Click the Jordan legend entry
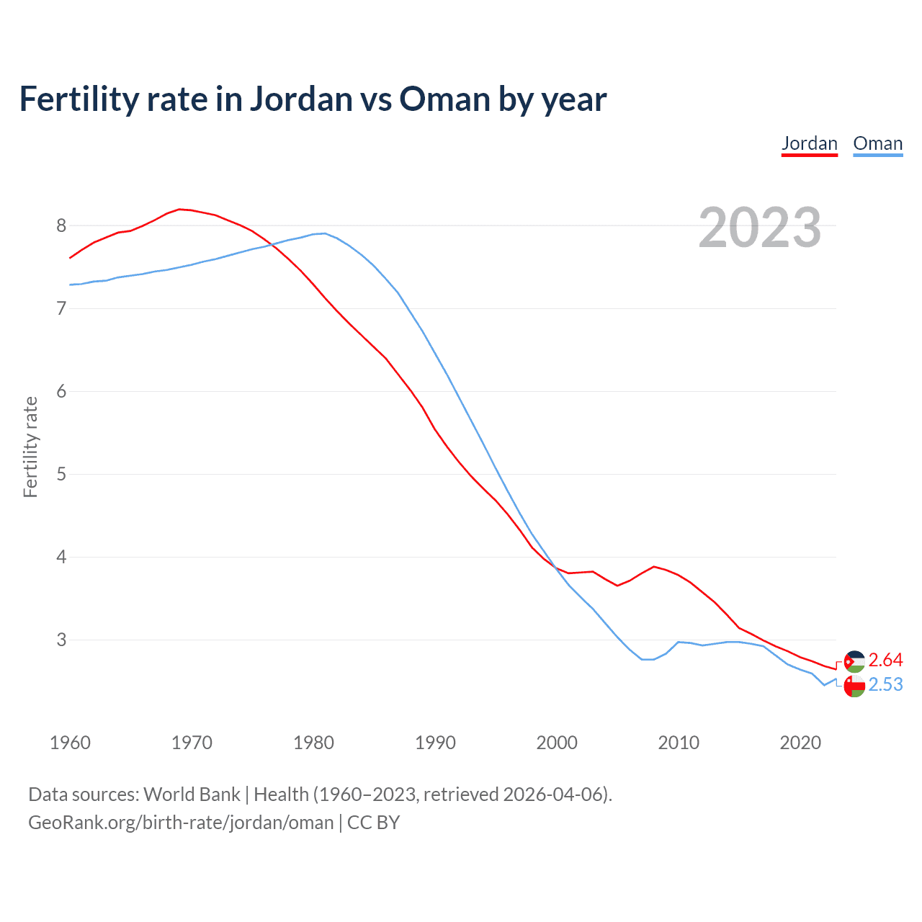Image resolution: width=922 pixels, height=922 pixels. coord(810,143)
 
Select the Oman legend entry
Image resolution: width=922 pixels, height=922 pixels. coord(877,143)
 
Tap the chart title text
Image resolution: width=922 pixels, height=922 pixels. coord(313,99)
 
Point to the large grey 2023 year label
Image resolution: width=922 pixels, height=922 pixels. coord(759,228)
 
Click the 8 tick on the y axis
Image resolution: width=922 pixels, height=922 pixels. coord(61,225)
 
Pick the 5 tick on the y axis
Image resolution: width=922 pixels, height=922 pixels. coord(61,474)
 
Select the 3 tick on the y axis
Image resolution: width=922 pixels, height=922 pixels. coord(61,640)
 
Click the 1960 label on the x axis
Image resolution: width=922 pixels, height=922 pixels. coord(70,743)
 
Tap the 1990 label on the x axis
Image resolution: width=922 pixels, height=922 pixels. coord(435,743)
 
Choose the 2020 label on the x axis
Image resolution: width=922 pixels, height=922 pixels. coord(800,743)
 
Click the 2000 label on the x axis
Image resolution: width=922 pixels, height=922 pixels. coord(557,743)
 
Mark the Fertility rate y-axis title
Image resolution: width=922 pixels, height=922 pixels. coord(30,447)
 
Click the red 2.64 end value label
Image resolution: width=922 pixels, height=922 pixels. coord(885,660)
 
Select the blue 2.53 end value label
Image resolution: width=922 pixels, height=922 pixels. coord(885,684)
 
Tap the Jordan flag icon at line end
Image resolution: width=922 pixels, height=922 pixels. coord(854,661)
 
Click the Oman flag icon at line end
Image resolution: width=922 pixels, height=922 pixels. coord(854,686)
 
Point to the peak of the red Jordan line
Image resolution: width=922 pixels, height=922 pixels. coord(180,209)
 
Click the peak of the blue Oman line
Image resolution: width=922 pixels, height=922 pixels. coord(325,233)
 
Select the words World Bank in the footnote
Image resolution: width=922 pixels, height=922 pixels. coord(192,795)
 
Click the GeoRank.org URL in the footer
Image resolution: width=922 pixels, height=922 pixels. coord(181,823)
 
